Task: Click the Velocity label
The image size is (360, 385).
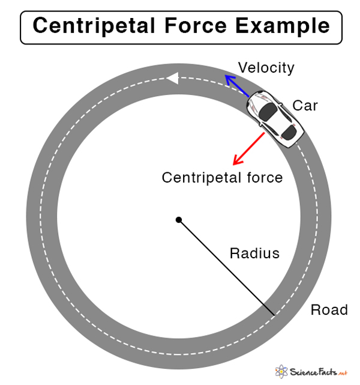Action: [266, 68]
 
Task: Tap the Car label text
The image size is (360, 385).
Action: [305, 106]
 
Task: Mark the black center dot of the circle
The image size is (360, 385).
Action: [178, 220]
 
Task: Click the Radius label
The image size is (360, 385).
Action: [254, 253]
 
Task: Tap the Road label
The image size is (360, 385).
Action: [329, 310]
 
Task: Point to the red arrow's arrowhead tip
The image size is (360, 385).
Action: [234, 165]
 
